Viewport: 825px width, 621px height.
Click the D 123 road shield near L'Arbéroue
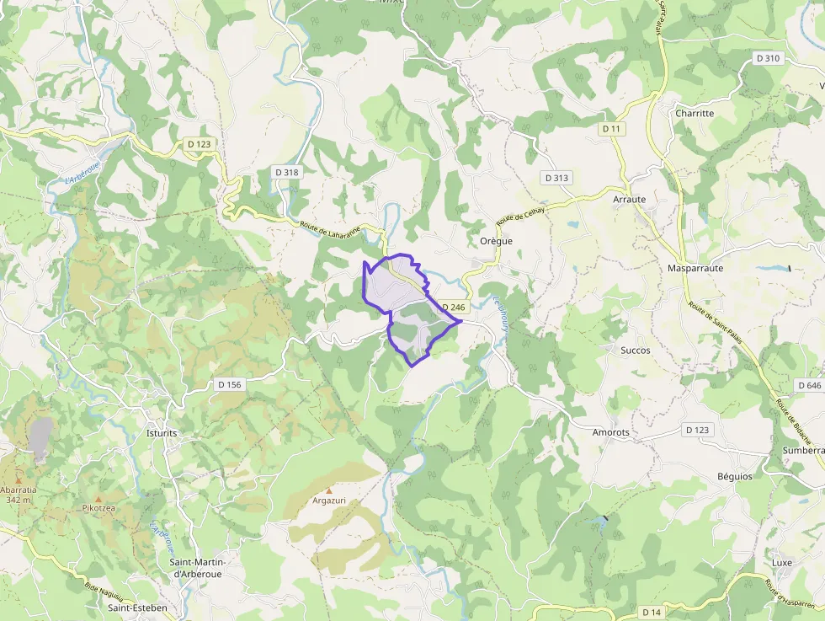(200, 144)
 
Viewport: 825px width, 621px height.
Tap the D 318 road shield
(287, 172)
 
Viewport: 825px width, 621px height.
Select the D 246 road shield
(453, 308)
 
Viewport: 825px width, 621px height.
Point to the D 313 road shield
(557, 178)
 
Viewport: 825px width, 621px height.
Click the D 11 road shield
(611, 128)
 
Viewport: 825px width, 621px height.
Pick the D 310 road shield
(768, 58)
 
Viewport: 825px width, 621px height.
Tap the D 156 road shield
(229, 384)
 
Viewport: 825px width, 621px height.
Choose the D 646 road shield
(808, 384)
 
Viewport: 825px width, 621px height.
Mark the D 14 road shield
(652, 611)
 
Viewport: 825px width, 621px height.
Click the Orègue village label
(496, 240)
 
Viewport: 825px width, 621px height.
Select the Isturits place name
(161, 433)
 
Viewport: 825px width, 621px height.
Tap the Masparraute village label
(695, 268)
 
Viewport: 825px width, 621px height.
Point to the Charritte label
(694, 113)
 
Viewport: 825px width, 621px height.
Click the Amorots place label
(611, 432)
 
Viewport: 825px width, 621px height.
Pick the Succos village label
(635, 350)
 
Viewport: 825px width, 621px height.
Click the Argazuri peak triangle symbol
(329, 490)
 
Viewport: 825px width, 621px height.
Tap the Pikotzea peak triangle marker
(98, 499)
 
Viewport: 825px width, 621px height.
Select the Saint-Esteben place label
(137, 607)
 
